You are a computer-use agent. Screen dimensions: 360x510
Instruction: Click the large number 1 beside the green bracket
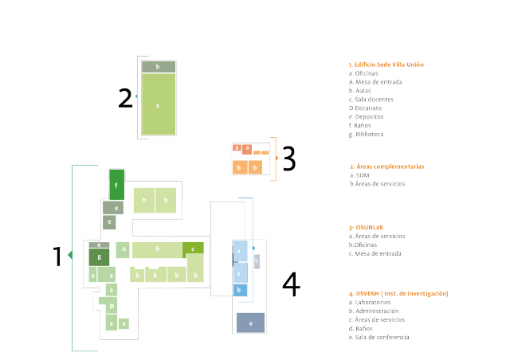(x=57, y=256)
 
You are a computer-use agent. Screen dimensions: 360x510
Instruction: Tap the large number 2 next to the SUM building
(x=125, y=98)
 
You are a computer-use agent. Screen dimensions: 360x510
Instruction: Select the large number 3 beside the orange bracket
(x=288, y=159)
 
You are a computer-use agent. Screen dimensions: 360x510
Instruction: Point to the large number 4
(x=292, y=284)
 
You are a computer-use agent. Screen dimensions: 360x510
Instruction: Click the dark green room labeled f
(x=116, y=185)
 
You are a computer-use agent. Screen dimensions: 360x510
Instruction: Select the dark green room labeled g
(x=99, y=257)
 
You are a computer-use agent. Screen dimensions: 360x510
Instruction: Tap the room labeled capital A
(x=124, y=249)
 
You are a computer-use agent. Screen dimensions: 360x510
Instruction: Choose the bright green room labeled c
(x=193, y=248)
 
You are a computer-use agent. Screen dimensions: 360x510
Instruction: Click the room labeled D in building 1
(x=112, y=306)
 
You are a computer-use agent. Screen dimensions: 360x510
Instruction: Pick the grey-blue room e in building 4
(x=250, y=323)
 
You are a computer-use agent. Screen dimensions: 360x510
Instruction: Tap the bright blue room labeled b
(x=239, y=291)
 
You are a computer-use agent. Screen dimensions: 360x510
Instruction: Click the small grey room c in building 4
(x=257, y=260)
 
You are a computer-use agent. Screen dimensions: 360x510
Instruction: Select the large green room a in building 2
(x=158, y=104)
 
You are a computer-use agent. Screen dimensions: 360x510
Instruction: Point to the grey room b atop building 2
(x=158, y=67)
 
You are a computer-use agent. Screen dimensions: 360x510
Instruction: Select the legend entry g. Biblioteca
(x=366, y=134)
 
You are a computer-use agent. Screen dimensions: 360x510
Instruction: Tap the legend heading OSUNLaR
(x=367, y=227)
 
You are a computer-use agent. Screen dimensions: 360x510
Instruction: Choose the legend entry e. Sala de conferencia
(x=379, y=337)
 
